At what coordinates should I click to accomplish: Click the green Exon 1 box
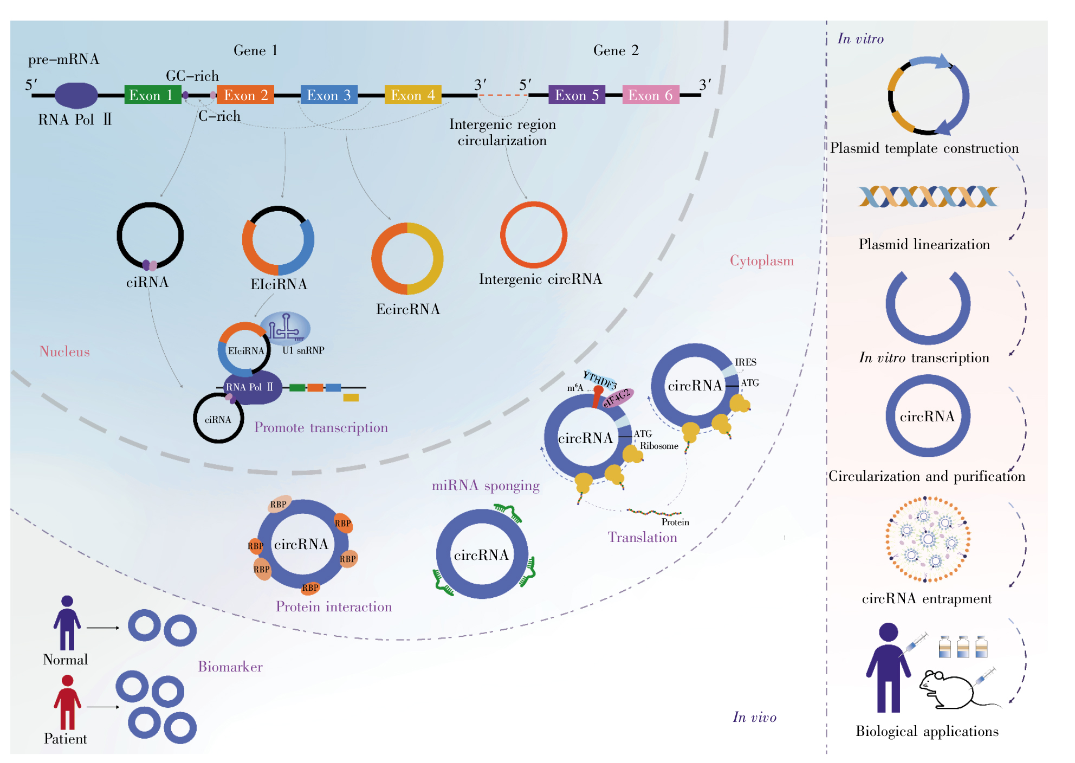pos(152,95)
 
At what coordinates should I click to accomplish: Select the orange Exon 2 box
pos(245,95)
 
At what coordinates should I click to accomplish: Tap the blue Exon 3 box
pos(329,95)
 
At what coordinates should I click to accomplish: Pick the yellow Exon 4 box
pos(413,95)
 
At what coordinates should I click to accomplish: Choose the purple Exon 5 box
pos(577,95)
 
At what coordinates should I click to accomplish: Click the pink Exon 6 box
pos(651,95)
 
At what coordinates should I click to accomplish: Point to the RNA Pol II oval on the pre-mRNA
pos(76,95)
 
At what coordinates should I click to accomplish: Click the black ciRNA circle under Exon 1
pos(118,236)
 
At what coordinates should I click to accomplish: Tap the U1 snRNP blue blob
pos(286,328)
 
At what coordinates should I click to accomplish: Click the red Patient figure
pos(67,702)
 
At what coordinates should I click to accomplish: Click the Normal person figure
pos(67,623)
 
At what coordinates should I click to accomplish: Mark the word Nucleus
pos(64,351)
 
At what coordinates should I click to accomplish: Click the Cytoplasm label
pos(762,260)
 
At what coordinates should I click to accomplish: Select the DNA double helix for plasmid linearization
pos(928,197)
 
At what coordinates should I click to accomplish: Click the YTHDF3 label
pos(600,380)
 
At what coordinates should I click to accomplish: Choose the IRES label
pos(746,362)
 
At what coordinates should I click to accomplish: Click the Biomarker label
pos(230,667)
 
